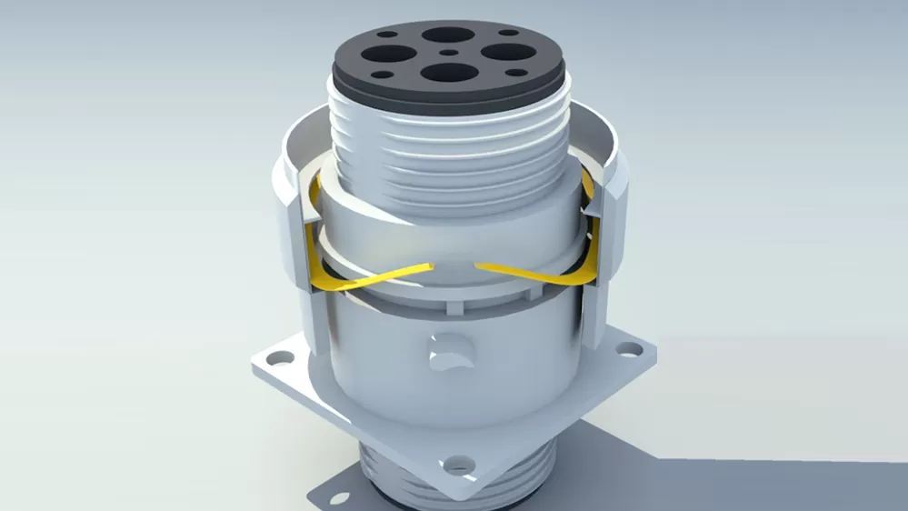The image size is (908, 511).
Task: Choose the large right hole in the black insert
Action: pos(504,52)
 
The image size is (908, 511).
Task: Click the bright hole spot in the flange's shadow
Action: pos(339,497)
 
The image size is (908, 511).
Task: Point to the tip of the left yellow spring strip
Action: pos(430,265)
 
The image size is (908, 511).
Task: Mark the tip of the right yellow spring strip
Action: pos(478,266)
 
